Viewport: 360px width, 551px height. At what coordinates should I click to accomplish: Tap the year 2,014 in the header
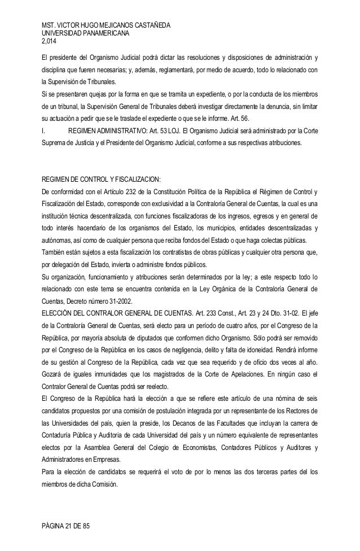pyautogui.click(x=44, y=41)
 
